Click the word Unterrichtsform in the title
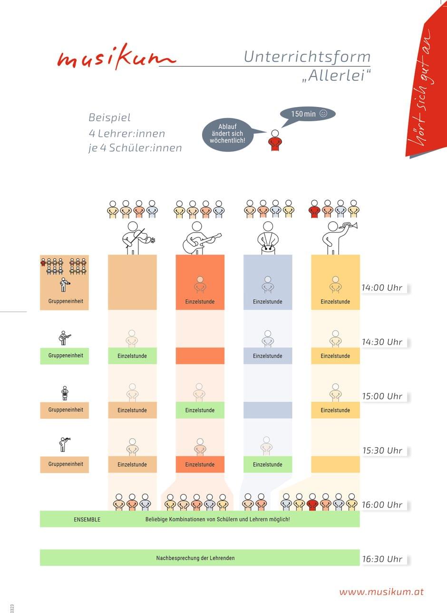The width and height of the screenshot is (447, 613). tap(307, 57)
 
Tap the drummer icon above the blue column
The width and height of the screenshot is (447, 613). tap(268, 238)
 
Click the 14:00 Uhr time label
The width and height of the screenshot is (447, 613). tap(382, 288)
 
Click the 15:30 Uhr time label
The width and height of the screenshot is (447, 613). tap(382, 450)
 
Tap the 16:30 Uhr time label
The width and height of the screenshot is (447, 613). tap(382, 559)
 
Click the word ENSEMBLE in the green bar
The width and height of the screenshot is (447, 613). tap(87, 519)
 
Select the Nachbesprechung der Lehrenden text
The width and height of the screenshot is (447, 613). tap(195, 558)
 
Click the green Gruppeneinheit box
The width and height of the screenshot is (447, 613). tap(65, 356)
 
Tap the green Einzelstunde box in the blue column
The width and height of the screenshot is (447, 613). tap(268, 464)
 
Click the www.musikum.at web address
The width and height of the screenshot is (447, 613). tap(381, 592)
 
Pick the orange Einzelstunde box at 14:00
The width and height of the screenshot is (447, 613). tap(200, 302)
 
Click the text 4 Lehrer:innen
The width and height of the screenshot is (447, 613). tap(127, 134)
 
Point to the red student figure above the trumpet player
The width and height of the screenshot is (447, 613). tap(314, 209)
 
